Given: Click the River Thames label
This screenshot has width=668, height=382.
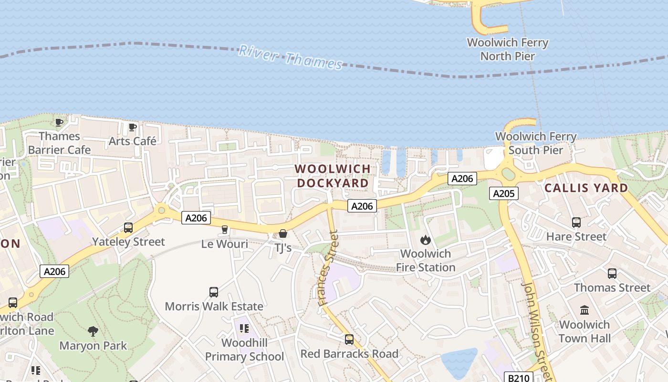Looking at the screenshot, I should point(291,57).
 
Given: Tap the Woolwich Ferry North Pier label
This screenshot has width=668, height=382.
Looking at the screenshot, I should point(507,49).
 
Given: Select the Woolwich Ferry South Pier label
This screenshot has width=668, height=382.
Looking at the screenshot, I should point(536,143).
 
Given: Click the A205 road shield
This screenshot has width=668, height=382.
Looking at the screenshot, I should point(503,193).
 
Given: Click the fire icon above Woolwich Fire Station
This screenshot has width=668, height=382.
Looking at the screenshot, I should point(426,240).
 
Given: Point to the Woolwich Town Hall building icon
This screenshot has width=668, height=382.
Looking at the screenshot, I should point(584,310).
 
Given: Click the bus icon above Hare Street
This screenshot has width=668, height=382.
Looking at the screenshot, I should point(576,223).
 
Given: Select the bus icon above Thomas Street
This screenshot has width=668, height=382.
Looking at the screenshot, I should point(612,274).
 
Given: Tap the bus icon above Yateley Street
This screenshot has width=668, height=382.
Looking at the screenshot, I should point(128,228).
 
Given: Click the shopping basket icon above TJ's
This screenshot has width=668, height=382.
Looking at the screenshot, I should point(283,233).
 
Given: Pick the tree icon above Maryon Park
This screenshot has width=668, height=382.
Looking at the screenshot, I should point(93,331).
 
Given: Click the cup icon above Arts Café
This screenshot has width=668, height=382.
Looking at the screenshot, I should point(132,127).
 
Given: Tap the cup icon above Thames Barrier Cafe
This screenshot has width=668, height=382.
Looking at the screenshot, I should point(59,122).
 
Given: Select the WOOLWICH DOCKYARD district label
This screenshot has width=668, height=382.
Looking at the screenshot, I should point(333,176).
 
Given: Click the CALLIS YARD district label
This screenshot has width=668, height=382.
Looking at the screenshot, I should point(586,188).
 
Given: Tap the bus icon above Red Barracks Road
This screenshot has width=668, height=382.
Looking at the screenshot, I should point(349,340).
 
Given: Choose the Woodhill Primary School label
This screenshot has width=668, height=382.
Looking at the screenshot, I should point(245,350).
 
